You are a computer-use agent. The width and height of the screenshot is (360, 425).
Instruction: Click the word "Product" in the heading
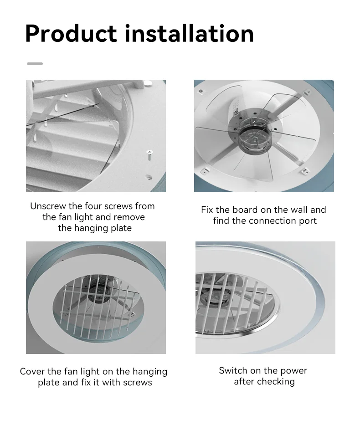[x=71, y=34]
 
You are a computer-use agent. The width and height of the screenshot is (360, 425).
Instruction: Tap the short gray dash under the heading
[x=35, y=64]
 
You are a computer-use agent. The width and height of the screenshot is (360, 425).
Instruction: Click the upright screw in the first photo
[x=149, y=157]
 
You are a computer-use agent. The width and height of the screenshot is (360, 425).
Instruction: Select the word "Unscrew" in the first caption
[x=48, y=206]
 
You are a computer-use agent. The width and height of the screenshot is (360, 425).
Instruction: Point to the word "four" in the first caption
[x=93, y=206]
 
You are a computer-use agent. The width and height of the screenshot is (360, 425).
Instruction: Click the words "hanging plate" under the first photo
[x=95, y=228]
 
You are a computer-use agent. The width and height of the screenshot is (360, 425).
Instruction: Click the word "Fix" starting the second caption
[x=207, y=210]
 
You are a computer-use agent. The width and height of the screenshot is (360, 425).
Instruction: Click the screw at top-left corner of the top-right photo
[x=200, y=91]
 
